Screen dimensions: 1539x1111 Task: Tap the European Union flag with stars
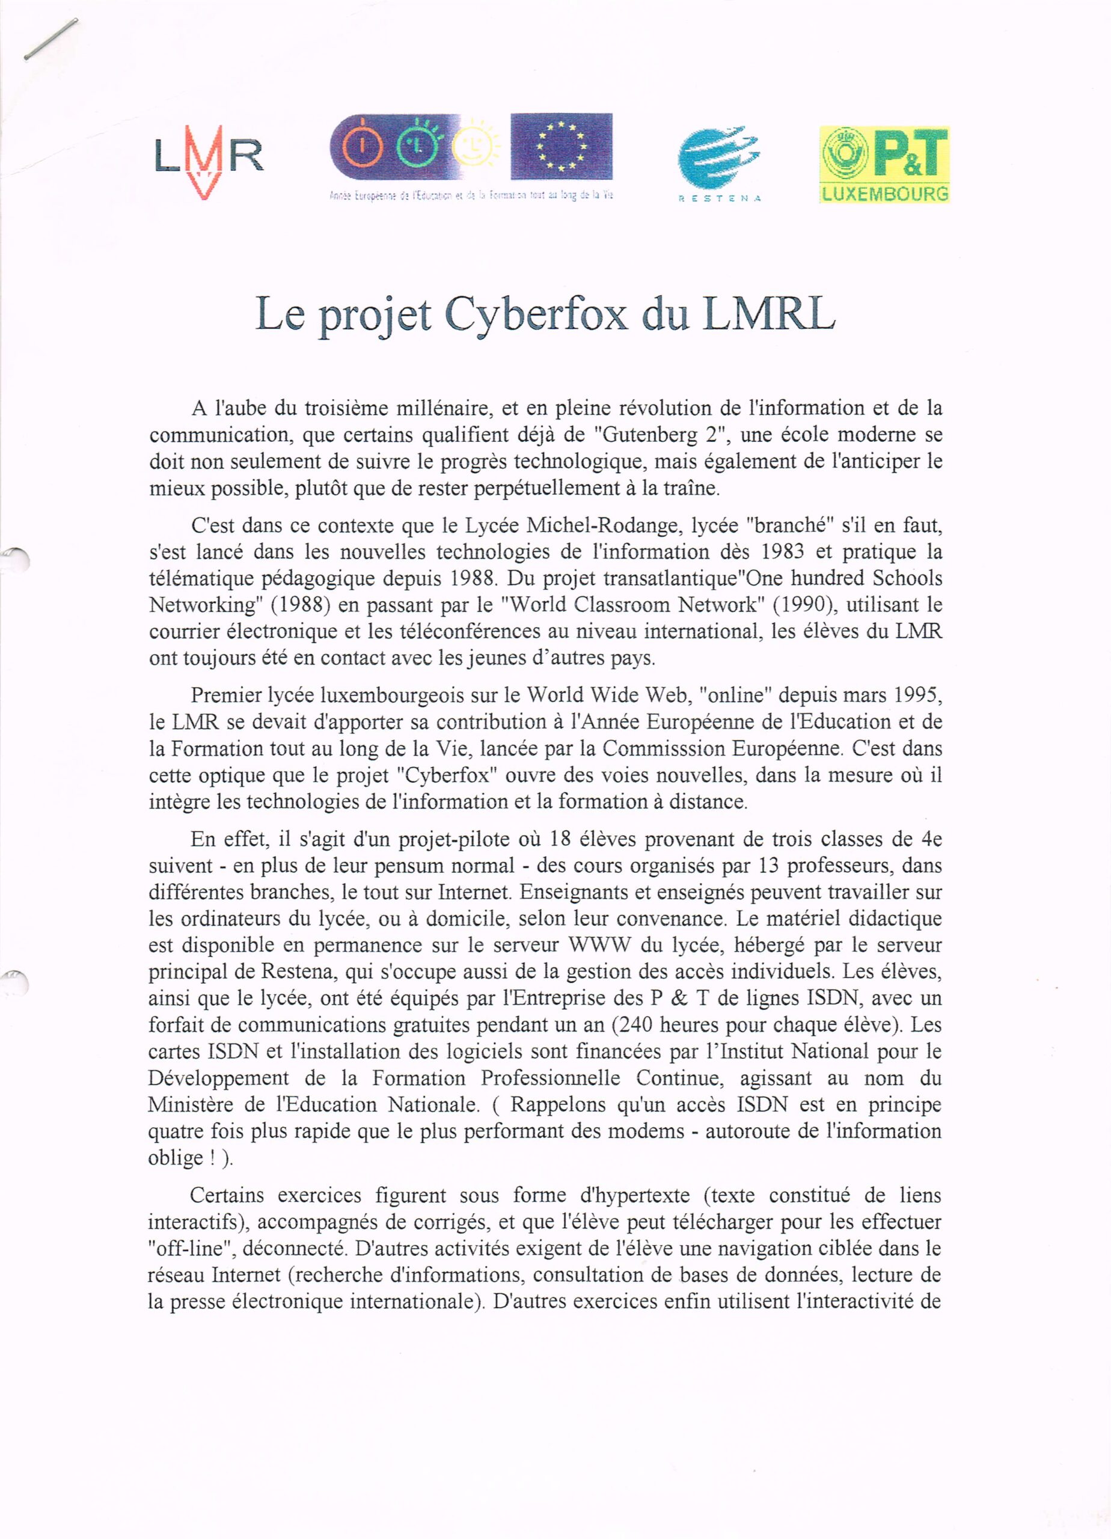(562, 147)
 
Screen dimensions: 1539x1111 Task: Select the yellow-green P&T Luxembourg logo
(884, 164)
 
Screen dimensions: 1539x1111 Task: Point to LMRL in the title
(768, 315)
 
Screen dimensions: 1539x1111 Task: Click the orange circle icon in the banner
(360, 147)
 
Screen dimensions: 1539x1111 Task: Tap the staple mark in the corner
(51, 39)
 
